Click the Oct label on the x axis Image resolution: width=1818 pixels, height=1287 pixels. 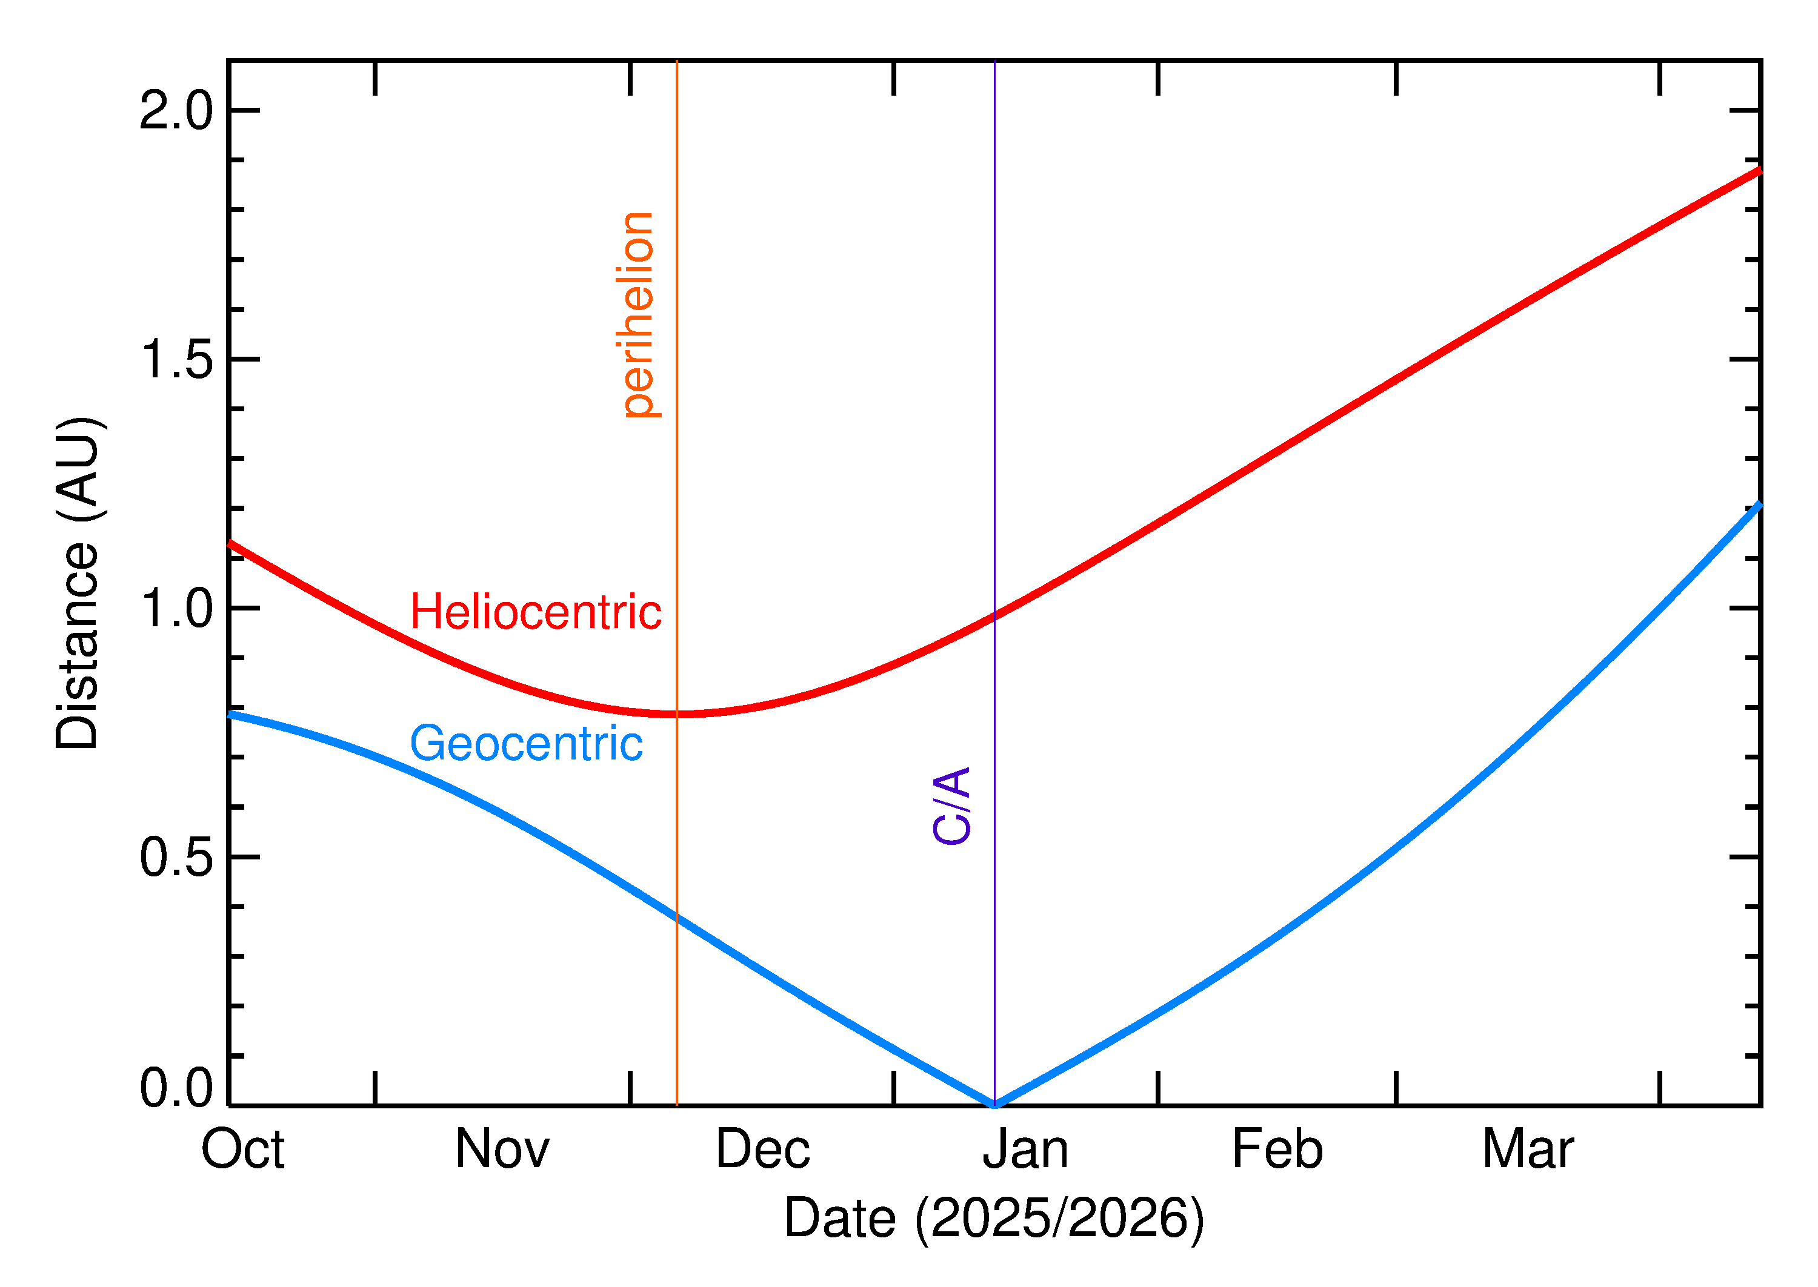click(x=242, y=1150)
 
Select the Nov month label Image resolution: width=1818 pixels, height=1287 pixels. click(x=502, y=1150)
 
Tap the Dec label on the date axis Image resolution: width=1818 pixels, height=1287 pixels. click(x=763, y=1150)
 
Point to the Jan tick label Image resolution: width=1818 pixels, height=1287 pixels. click(x=1026, y=1150)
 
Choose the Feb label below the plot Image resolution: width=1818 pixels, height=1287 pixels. click(x=1277, y=1150)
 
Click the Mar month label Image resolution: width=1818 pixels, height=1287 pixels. click(x=1528, y=1150)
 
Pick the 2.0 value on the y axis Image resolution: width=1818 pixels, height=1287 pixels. click(x=176, y=111)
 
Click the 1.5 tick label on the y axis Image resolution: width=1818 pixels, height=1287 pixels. click(x=176, y=360)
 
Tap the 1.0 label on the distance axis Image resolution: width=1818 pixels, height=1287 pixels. click(x=176, y=609)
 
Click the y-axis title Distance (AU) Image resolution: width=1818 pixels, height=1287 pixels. click(x=78, y=583)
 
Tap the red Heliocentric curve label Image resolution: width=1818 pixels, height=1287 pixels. click(x=536, y=612)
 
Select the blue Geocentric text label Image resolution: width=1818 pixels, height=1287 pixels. click(x=525, y=743)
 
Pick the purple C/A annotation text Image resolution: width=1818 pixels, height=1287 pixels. click(x=952, y=805)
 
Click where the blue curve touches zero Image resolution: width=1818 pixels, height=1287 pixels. click(x=995, y=1104)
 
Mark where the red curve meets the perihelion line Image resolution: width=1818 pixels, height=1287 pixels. click(x=676, y=714)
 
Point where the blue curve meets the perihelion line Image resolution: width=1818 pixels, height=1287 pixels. click(x=676, y=917)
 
